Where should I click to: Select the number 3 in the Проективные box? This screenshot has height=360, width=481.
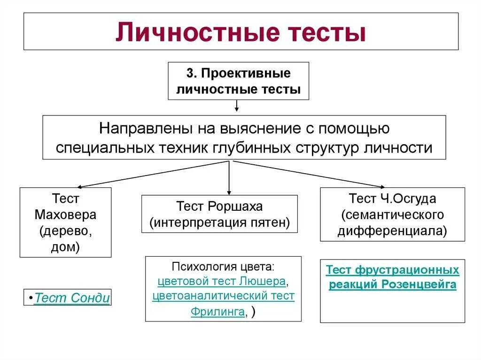coord(189,74)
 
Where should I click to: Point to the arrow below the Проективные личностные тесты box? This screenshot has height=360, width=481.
coord(237,106)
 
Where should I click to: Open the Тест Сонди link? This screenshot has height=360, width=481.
coord(72,298)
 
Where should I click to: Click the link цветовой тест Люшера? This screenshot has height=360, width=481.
coord(222,282)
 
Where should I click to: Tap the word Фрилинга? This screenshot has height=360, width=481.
coord(218,312)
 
